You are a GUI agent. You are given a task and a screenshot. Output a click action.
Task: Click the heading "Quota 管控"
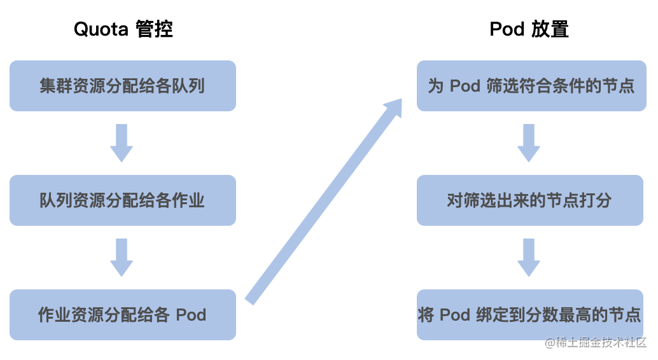click(123, 29)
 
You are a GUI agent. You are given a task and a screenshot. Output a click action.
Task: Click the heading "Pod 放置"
click(529, 29)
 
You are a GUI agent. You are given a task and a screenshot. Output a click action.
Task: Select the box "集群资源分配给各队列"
click(123, 86)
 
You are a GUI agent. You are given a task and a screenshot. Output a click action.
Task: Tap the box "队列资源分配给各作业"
click(123, 200)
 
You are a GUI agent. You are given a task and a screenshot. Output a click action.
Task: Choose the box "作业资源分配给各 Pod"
click(123, 315)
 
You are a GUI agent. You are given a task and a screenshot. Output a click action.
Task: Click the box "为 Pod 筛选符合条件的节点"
click(530, 86)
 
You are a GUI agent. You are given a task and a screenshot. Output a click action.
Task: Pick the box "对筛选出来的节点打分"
click(530, 200)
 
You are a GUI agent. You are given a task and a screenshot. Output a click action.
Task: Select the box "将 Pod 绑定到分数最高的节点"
click(530, 315)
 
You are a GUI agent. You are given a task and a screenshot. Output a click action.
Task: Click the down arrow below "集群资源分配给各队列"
click(122, 143)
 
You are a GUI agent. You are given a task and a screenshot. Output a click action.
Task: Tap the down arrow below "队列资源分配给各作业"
click(122, 258)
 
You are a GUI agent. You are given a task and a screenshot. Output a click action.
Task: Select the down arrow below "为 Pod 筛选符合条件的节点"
click(529, 143)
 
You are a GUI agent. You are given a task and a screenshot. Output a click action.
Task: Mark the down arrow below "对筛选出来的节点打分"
click(529, 258)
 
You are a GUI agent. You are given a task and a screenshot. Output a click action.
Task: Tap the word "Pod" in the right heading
click(507, 29)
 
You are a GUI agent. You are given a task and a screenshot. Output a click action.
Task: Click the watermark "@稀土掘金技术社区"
click(595, 343)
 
